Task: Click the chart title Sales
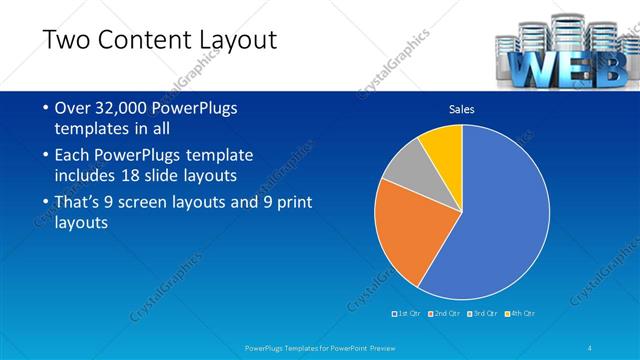coord(461,110)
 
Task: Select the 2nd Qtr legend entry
coord(445,314)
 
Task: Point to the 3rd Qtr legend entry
coord(482,314)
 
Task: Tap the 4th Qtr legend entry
coord(519,314)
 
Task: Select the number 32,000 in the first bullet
coord(126,108)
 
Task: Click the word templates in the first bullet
coord(90,129)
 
